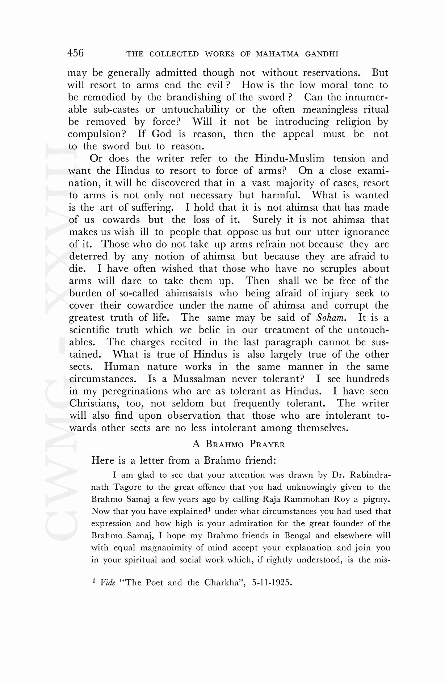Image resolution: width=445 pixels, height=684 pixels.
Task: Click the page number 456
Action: (x=75, y=53)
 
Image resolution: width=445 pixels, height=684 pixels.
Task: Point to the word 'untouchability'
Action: (x=195, y=110)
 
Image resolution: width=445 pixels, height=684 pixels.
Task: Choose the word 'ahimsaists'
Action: (x=189, y=293)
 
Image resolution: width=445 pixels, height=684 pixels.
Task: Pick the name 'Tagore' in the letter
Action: (x=126, y=487)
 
